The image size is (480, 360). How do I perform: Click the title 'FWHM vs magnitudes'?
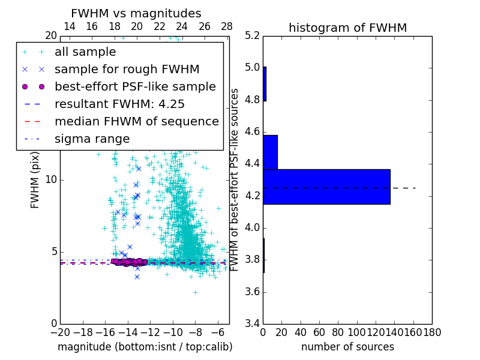136,13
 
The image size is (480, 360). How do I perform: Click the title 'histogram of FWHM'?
347,28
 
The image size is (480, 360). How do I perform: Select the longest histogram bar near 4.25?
326,187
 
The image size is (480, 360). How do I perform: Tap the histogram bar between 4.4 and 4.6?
270,152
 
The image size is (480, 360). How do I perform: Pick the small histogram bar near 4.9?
265,83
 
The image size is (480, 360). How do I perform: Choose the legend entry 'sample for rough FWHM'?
127,69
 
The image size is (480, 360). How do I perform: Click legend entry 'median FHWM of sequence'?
136,121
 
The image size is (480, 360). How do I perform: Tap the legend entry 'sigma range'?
92,139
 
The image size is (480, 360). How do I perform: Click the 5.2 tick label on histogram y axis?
253,35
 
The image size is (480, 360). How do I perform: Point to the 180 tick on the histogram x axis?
432,331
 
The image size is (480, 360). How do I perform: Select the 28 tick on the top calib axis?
227,26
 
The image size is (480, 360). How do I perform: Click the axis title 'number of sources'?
347,347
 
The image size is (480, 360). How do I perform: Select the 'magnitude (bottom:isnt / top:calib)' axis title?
145,347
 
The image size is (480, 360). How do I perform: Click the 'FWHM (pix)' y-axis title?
35,181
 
